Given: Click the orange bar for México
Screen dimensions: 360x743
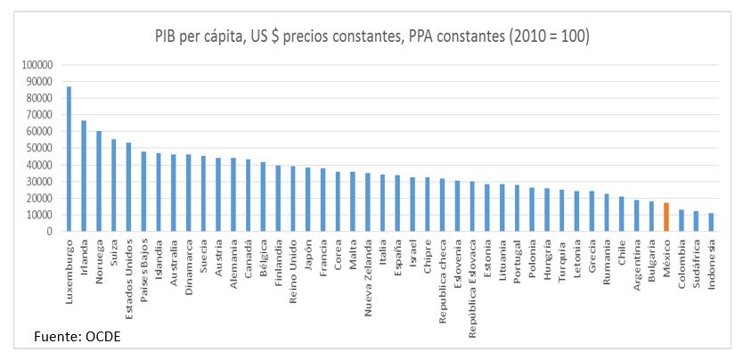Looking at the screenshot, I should coord(666,217).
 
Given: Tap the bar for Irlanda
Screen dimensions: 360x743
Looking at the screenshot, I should coord(84,176).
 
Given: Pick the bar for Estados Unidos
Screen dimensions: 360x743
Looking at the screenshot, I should coord(128,186).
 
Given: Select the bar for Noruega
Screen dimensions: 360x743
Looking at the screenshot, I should coord(99,181).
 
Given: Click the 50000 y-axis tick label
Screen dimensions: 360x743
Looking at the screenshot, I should coord(40,148).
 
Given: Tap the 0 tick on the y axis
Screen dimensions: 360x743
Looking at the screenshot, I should coord(52,232).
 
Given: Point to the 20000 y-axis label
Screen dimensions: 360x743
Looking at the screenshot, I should coord(40,198).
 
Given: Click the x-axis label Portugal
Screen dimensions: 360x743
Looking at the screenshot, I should coord(517,258).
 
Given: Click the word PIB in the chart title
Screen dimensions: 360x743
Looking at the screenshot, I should coord(167,37).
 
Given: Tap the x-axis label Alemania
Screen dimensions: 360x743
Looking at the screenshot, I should coord(233,258).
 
